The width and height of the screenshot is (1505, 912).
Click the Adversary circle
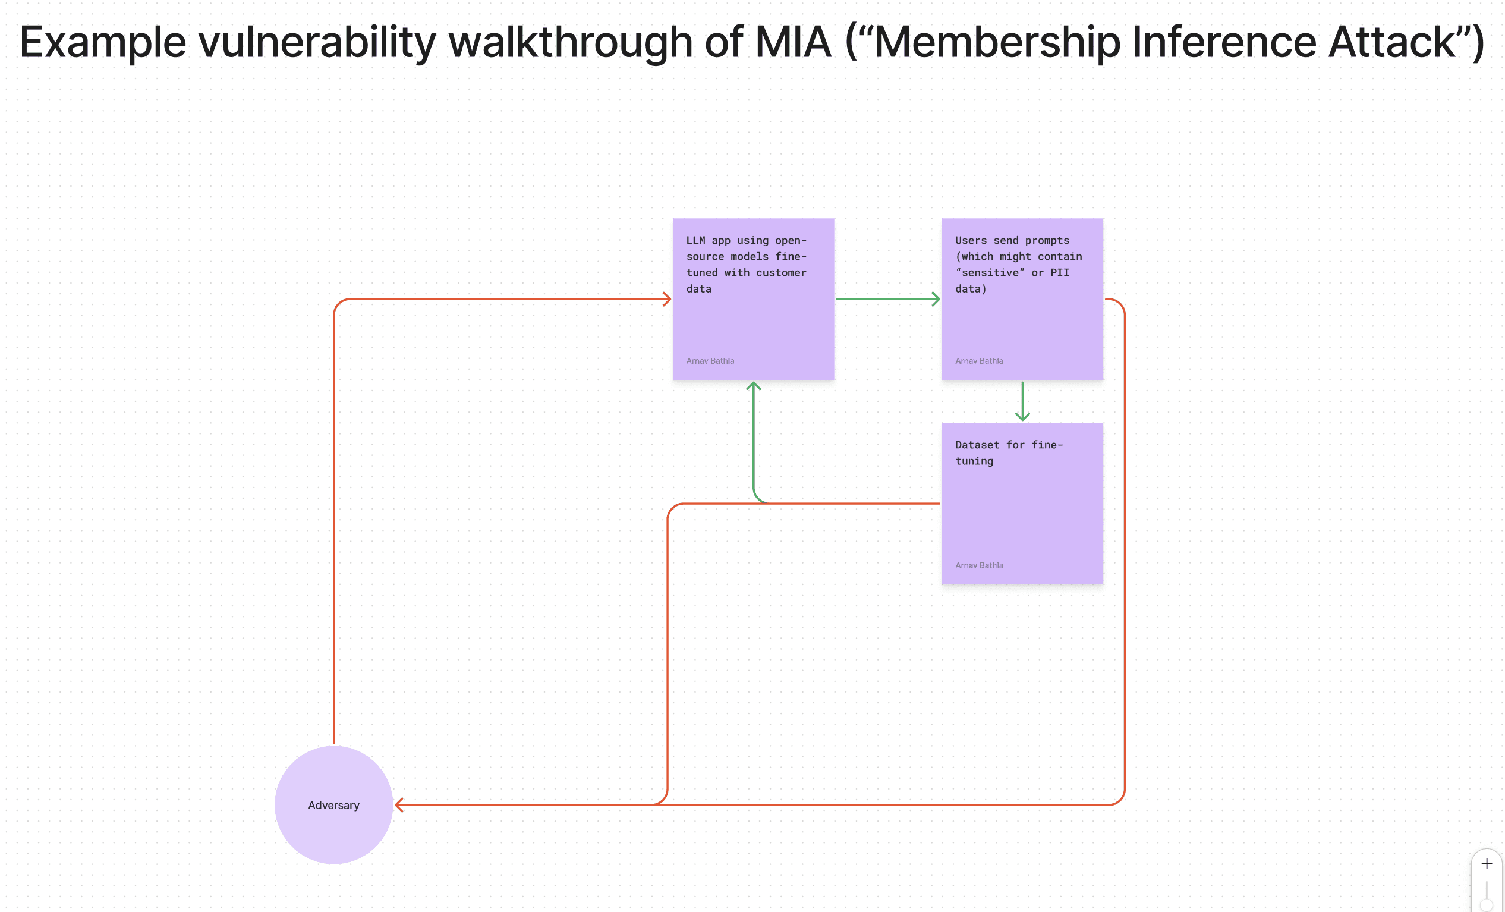coord(333,804)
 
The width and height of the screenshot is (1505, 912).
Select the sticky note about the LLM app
coord(753,298)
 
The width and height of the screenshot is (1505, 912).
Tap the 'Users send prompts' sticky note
coord(1022,298)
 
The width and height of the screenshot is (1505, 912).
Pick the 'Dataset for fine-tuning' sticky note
coord(1022,504)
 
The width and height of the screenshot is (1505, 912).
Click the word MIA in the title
coord(794,42)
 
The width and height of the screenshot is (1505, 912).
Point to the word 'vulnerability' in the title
coord(317,43)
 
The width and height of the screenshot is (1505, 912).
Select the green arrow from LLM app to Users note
coord(887,298)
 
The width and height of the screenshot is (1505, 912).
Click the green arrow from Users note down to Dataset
coord(1022,401)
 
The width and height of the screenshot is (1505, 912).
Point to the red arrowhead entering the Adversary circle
coord(399,804)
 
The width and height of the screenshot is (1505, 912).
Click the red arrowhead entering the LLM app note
coord(667,298)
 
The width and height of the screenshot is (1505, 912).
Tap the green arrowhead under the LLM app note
coord(753,385)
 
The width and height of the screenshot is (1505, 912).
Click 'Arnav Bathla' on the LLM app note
coord(710,361)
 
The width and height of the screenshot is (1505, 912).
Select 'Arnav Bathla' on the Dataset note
coord(979,565)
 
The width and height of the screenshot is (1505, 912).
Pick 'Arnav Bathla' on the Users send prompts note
coord(979,361)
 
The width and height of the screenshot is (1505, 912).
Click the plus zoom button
coord(1487,863)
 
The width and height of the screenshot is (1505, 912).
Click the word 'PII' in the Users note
coord(1060,272)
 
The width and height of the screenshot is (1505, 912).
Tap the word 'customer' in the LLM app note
coord(781,272)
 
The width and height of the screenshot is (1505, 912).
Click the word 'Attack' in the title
coord(1391,42)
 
